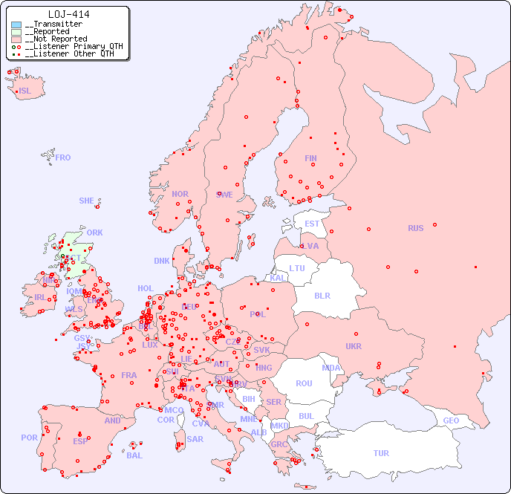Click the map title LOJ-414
click(69, 14)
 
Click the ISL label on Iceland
click(25, 91)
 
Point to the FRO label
click(63, 157)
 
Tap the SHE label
click(87, 201)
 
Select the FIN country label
click(310, 158)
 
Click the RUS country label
click(415, 228)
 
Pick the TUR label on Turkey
click(381, 453)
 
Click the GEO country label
click(451, 420)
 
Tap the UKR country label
click(354, 346)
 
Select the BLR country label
click(322, 295)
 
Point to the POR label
click(29, 438)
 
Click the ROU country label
click(304, 383)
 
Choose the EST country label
click(312, 224)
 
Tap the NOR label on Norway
click(180, 194)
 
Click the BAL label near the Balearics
click(134, 455)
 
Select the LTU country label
click(297, 268)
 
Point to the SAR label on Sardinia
click(195, 439)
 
